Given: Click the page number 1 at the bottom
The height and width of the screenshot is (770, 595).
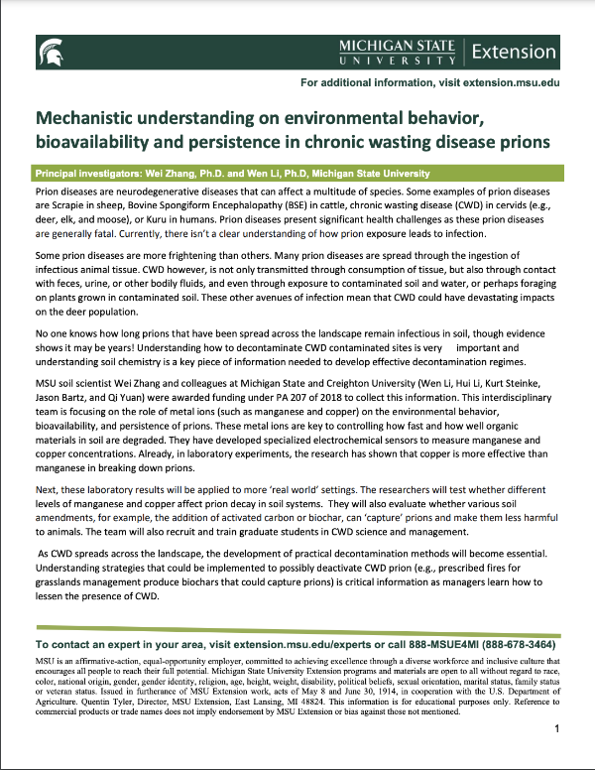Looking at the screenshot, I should pos(558,756).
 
